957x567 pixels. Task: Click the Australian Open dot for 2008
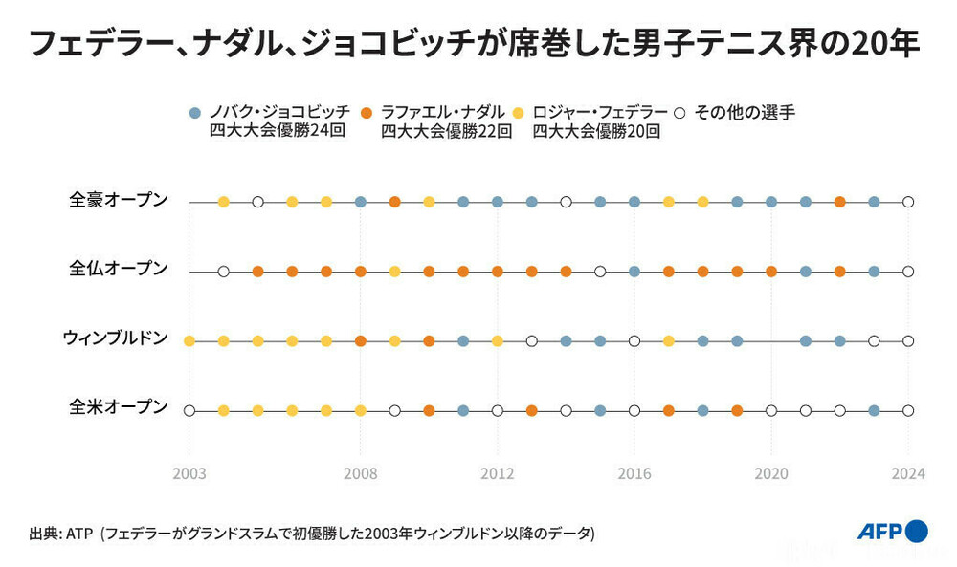[x=361, y=202]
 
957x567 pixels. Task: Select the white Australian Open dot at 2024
[x=908, y=202]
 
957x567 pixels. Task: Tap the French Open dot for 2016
[x=634, y=272]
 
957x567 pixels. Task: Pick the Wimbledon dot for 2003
[x=189, y=340]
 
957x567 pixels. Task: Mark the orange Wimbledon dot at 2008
[x=361, y=340]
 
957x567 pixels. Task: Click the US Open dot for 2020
[x=771, y=410]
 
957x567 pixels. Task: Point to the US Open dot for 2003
[x=189, y=410]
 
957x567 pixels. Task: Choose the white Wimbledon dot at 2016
[x=634, y=340]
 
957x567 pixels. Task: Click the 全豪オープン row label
[x=119, y=200]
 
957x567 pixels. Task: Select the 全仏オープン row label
[x=119, y=269]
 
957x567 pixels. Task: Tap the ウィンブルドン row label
[x=115, y=338]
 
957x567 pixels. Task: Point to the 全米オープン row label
[x=119, y=406]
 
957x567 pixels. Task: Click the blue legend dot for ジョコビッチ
[x=195, y=112]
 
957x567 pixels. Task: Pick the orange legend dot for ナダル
[x=367, y=112]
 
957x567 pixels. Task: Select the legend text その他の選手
[x=744, y=112]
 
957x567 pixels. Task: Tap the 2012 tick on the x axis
[x=498, y=473]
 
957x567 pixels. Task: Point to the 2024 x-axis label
[x=908, y=473]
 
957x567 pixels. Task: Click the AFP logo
[x=891, y=532]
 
